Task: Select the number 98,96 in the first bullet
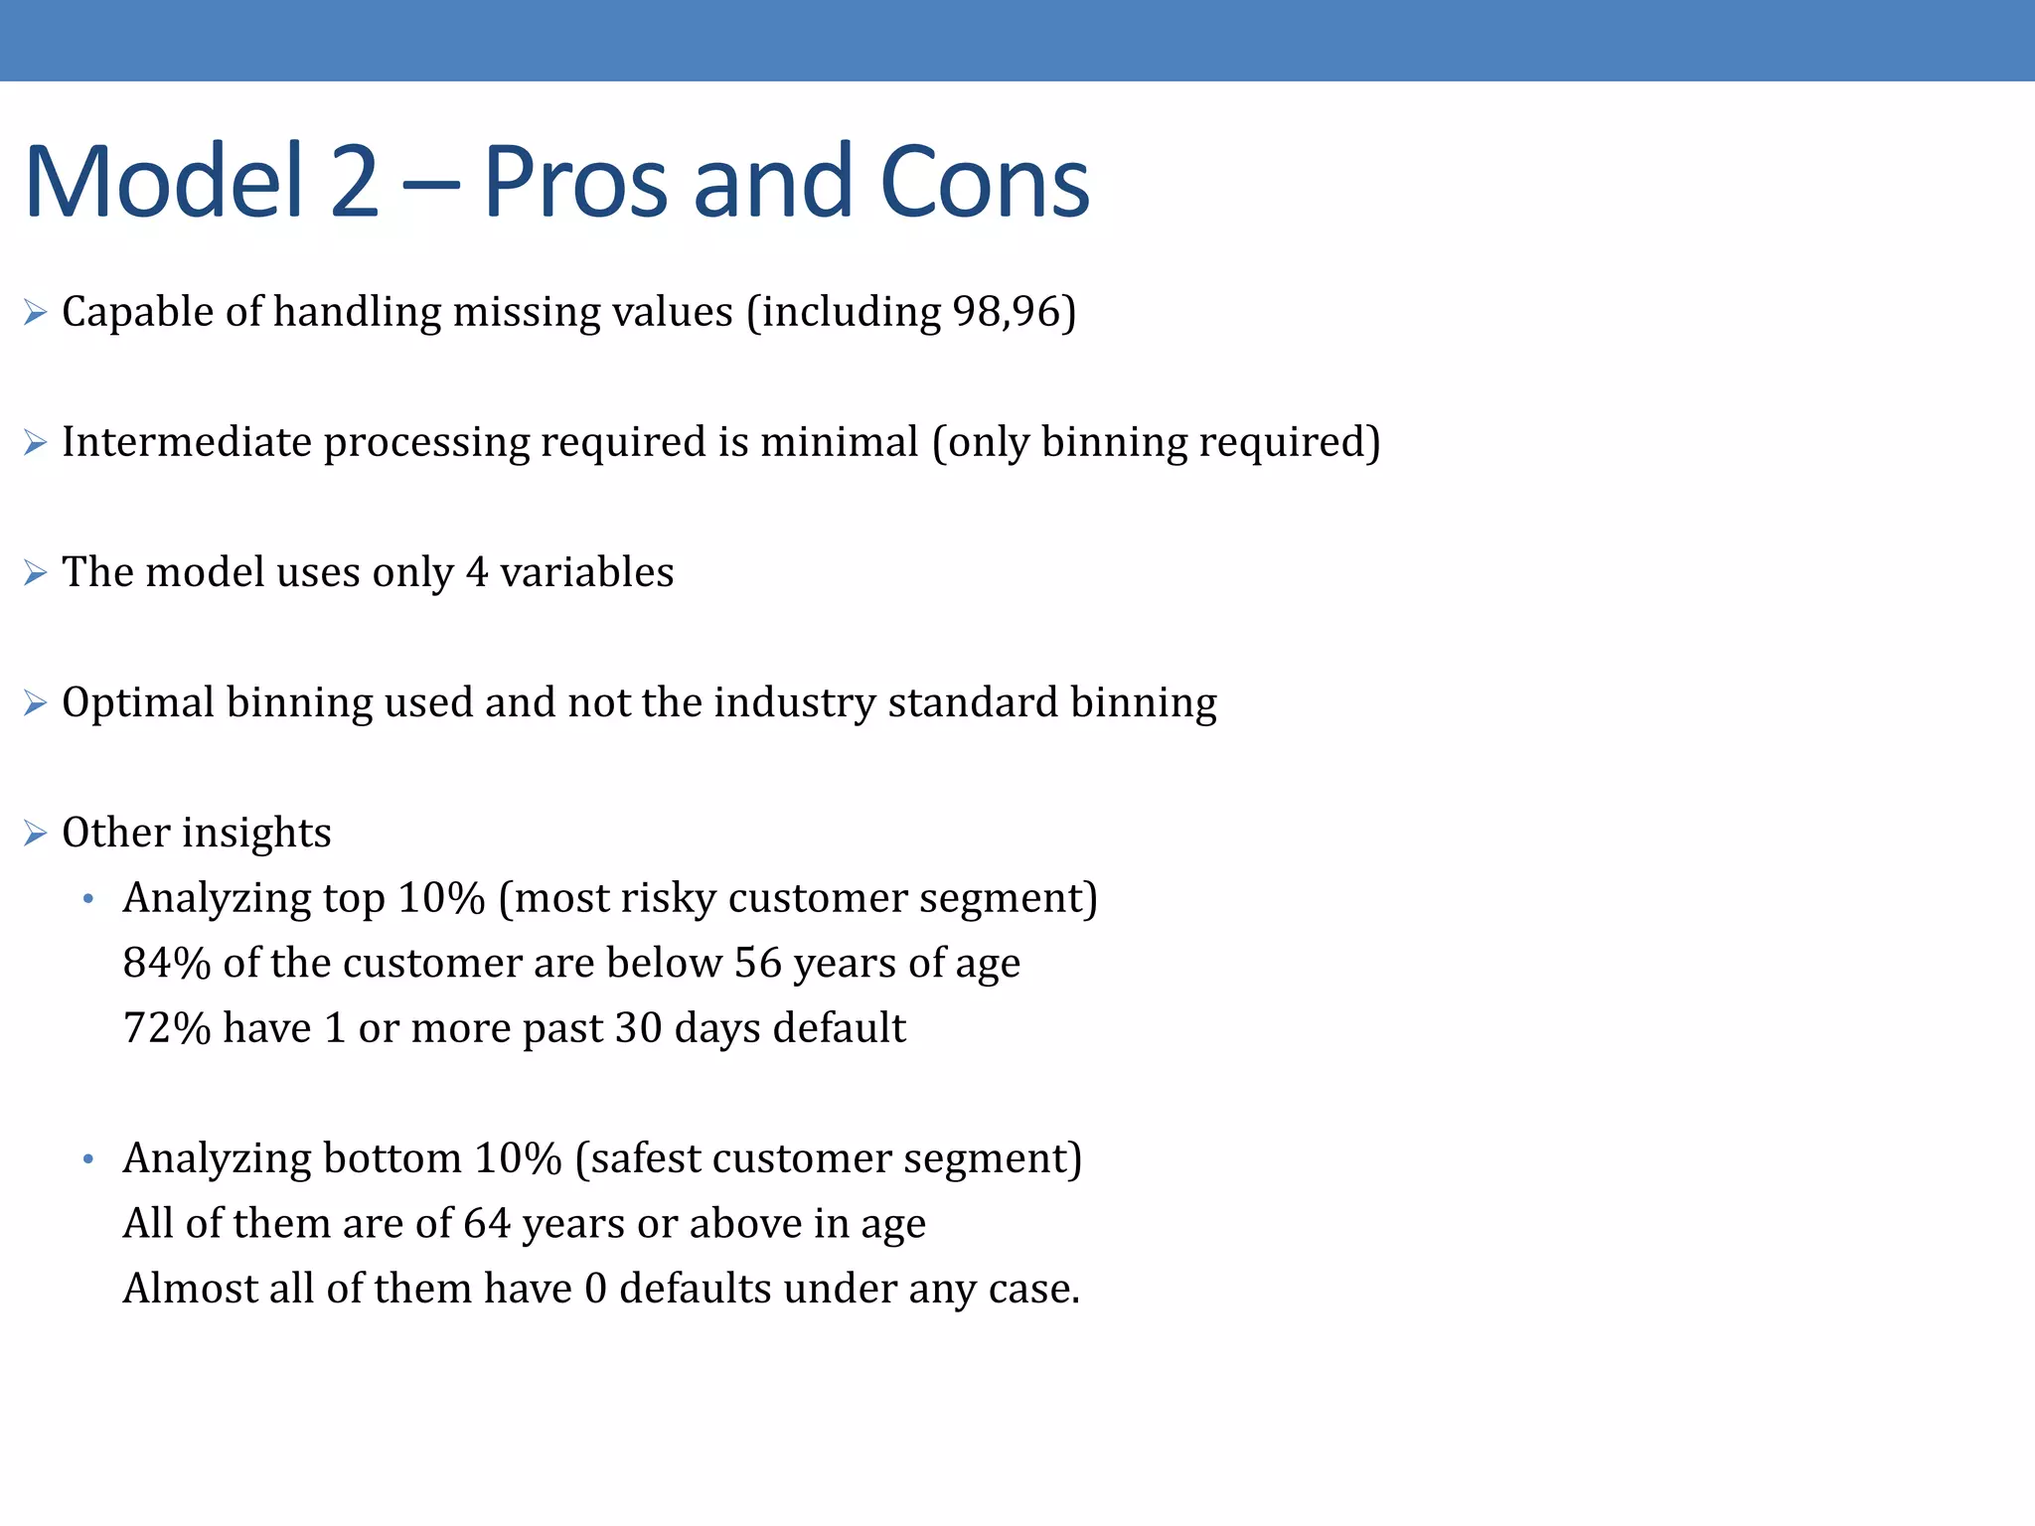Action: (x=1007, y=312)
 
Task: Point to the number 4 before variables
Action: (x=477, y=572)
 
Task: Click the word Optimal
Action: (x=138, y=702)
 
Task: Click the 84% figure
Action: (x=167, y=963)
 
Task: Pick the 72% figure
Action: (x=167, y=1028)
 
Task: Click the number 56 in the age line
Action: (x=758, y=963)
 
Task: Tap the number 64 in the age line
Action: (x=487, y=1223)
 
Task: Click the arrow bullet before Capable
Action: (x=36, y=313)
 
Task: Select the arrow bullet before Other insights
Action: (x=36, y=834)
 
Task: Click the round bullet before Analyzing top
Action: (x=88, y=899)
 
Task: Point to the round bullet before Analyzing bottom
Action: (x=88, y=1159)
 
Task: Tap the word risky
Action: (x=669, y=898)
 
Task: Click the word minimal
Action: (x=840, y=442)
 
